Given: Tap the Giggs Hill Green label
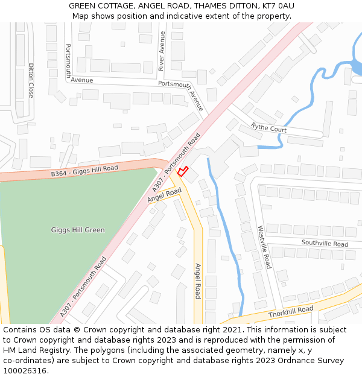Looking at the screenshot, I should [x=78, y=230].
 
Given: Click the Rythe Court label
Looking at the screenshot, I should [x=269, y=128].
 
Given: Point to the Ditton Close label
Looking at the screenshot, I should [x=31, y=81].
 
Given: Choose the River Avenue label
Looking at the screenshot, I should [x=162, y=51].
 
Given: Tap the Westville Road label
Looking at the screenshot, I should [x=264, y=247].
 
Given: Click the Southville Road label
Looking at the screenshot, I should [x=325, y=244].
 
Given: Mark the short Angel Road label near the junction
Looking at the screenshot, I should [x=164, y=194].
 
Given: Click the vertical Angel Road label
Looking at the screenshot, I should [x=197, y=280].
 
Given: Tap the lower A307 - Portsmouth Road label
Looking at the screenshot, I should [x=83, y=287].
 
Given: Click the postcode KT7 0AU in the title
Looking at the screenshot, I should [x=278, y=6].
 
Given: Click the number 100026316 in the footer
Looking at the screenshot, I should [x=24, y=371].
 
